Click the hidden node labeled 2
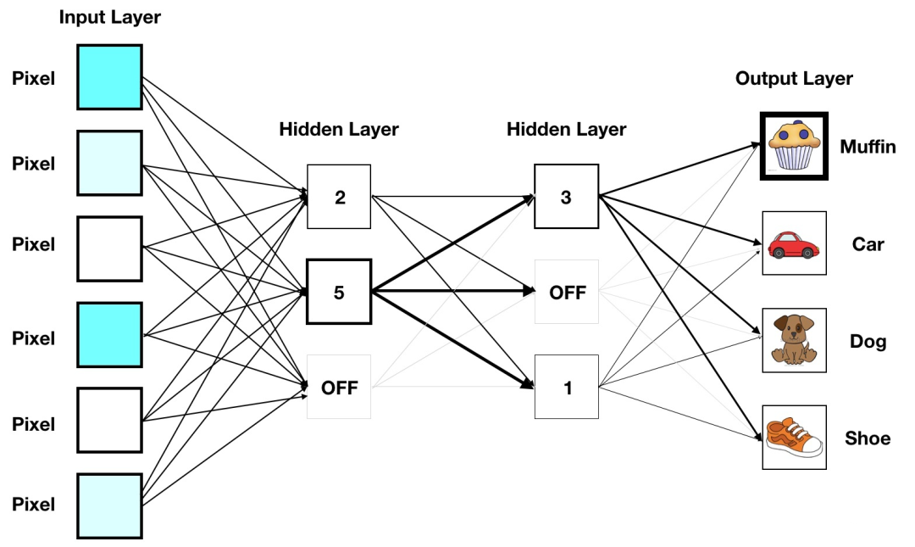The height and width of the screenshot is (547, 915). tap(339, 197)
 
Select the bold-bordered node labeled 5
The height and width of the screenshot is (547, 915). tap(339, 293)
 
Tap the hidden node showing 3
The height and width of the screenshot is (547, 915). tap(566, 197)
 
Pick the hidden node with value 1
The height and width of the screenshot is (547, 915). tap(566, 387)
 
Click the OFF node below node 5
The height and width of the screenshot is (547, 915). tap(339, 387)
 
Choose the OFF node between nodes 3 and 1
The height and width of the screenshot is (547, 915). tap(566, 292)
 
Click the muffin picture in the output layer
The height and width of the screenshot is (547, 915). tap(794, 147)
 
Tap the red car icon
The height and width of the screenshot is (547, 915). tap(794, 243)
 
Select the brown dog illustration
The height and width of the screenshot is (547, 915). tap(794, 340)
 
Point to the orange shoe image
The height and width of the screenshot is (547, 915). tap(794, 437)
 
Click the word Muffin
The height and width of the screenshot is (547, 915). tap(868, 147)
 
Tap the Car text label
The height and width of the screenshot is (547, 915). tap(868, 244)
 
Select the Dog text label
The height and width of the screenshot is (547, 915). tap(868, 341)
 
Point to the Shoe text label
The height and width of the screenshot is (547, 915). tap(868, 438)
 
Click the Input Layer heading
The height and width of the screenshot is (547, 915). tap(110, 17)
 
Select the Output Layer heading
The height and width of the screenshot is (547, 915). tap(794, 79)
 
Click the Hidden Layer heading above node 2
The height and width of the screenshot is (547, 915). tap(339, 130)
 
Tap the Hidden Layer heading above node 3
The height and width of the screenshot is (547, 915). tap(566, 130)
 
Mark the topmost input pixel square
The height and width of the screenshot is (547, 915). tap(110, 77)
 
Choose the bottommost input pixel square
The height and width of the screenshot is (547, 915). tap(110, 505)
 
